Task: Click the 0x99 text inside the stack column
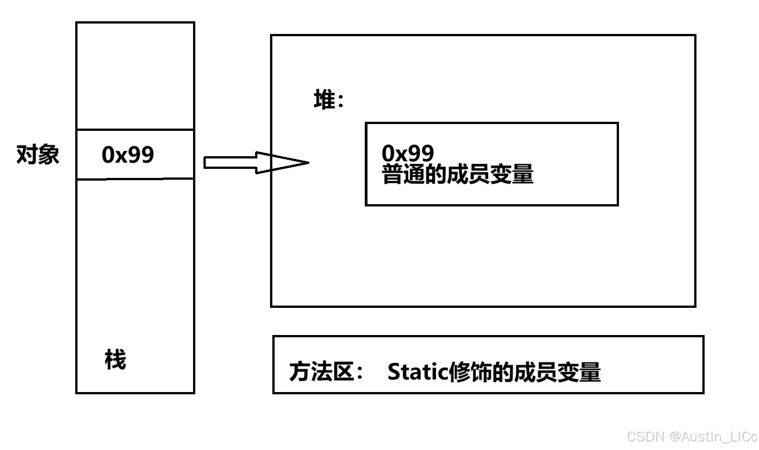point(128,154)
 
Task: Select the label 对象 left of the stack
point(38,154)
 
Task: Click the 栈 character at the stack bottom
point(115,360)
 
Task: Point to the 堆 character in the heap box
point(324,99)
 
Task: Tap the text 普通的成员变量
point(458,174)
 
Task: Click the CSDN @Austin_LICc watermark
point(692,436)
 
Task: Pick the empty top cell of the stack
point(135,76)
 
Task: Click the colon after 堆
point(341,101)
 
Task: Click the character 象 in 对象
point(48,154)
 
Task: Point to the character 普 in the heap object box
point(392,174)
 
